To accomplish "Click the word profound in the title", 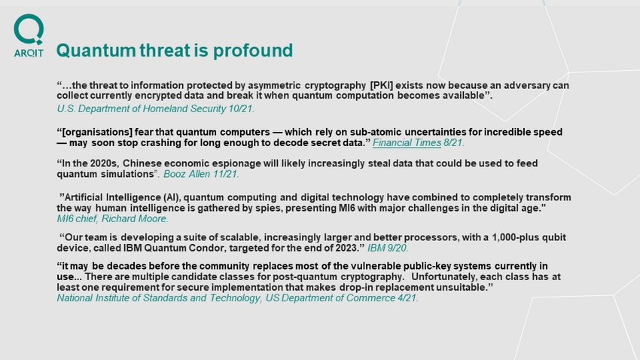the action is tap(253, 51).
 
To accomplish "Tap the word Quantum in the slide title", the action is tap(96, 50).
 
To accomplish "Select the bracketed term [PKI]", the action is tap(381, 85).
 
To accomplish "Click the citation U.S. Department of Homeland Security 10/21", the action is tap(156, 109).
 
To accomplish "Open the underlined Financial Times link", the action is tap(407, 143).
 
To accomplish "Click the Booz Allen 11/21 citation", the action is tap(201, 174).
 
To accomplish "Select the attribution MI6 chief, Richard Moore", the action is tap(113, 218).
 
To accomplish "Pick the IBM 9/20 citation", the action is tap(388, 249).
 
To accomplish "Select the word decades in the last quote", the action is tap(124, 266).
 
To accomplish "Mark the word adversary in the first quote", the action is tap(526, 86).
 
